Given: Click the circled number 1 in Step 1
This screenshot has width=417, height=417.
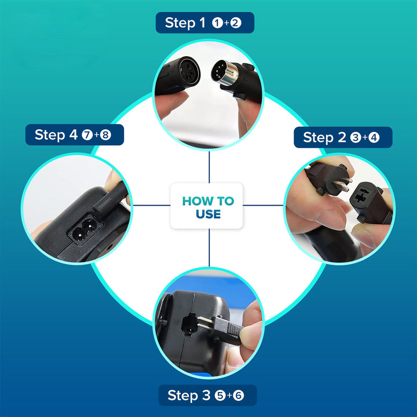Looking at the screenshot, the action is pyautogui.click(x=217, y=23).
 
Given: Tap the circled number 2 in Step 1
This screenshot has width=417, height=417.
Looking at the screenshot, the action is pyautogui.click(x=236, y=23).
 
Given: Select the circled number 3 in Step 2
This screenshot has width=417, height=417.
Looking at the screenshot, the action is pyautogui.click(x=355, y=138).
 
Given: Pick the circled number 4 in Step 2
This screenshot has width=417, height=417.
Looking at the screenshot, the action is pyautogui.click(x=374, y=138).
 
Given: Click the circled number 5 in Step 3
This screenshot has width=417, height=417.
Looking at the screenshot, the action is pyautogui.click(x=220, y=396).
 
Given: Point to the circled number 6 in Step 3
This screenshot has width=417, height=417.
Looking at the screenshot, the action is pyautogui.click(x=238, y=396).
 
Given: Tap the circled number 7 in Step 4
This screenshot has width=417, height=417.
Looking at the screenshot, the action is pyautogui.click(x=87, y=135).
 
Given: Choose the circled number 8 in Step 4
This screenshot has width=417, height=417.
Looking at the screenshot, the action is pyautogui.click(x=105, y=135).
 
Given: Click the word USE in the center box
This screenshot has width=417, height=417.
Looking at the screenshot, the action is pyautogui.click(x=209, y=214).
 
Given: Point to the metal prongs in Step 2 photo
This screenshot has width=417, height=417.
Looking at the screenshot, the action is pyautogui.click(x=342, y=184).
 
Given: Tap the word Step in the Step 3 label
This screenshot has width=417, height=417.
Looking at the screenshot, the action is pyautogui.click(x=183, y=396).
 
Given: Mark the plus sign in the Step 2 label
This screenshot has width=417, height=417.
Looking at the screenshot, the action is pyautogui.click(x=365, y=137).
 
